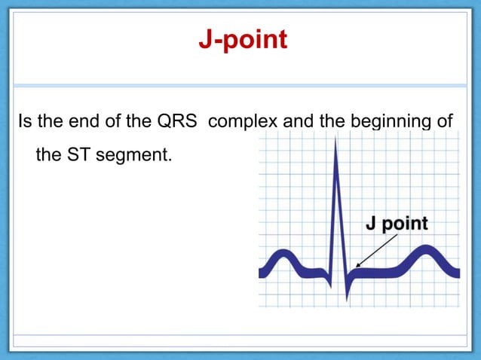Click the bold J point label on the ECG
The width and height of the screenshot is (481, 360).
point(397,224)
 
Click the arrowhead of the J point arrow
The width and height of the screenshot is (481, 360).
point(357,266)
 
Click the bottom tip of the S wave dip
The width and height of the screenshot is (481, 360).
point(348,299)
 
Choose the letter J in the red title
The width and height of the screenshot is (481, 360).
point(204,38)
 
